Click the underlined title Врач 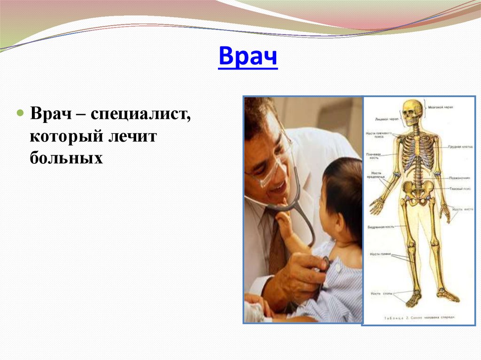point(248,58)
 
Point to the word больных point(66,159)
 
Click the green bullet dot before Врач point(20,114)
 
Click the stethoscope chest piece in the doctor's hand point(324,265)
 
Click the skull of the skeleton point(412,112)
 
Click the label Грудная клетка point(460,147)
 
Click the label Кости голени point(380,254)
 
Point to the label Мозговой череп point(440,107)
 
